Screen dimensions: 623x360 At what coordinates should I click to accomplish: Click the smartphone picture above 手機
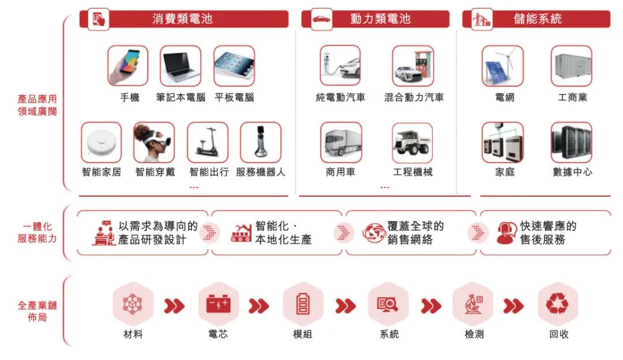(x=128, y=66)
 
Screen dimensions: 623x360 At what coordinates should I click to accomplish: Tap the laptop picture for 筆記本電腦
(x=181, y=66)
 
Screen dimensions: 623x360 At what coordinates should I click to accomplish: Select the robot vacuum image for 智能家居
(x=102, y=142)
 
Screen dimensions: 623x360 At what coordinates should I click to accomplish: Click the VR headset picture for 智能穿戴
(x=154, y=142)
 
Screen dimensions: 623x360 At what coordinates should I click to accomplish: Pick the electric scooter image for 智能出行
(x=208, y=142)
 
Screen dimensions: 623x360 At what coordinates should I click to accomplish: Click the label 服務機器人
(x=261, y=172)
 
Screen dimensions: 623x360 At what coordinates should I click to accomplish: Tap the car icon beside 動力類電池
(x=321, y=19)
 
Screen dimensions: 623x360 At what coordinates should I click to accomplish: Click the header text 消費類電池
(x=182, y=18)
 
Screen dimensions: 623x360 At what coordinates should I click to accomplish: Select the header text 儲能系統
(x=538, y=18)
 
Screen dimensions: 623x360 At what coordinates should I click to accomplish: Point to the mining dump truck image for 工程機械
(x=412, y=142)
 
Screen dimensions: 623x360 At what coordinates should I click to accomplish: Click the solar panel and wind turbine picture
(x=502, y=66)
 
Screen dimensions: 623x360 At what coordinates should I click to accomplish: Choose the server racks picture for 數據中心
(x=572, y=142)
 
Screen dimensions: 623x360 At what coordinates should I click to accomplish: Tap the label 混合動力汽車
(x=414, y=97)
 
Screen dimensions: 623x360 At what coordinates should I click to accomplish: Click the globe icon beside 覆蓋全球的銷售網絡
(x=373, y=233)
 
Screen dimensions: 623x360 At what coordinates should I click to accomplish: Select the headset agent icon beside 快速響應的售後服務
(x=506, y=233)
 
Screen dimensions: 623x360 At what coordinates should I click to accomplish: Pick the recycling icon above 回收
(x=557, y=304)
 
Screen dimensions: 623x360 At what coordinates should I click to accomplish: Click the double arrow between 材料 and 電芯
(x=174, y=306)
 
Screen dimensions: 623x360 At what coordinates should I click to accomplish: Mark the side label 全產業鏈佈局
(x=37, y=311)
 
